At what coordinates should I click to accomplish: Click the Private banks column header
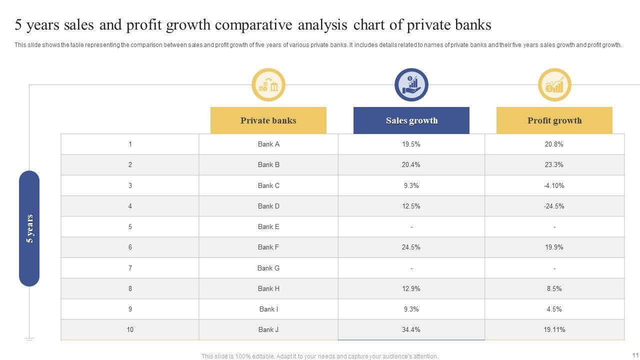click(268, 120)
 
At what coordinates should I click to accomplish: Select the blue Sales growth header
click(411, 120)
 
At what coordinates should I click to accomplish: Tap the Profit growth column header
click(554, 120)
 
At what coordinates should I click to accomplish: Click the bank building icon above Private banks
click(268, 85)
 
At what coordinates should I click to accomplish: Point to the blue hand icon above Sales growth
click(411, 85)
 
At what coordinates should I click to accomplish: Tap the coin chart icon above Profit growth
click(554, 85)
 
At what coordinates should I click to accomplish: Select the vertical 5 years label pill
click(29, 228)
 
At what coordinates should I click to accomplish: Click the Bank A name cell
click(268, 144)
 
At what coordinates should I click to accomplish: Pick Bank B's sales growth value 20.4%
click(411, 164)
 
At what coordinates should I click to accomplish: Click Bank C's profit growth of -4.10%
click(554, 185)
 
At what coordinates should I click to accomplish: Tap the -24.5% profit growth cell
click(554, 206)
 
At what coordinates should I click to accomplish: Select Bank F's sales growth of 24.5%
click(411, 247)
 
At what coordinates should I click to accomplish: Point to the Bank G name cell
click(268, 268)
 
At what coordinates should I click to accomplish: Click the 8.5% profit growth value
click(554, 288)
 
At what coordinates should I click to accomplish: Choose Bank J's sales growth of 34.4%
click(411, 329)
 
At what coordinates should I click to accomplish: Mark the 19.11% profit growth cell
click(554, 329)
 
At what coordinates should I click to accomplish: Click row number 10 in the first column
click(130, 329)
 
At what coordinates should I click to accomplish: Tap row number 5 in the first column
click(130, 226)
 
